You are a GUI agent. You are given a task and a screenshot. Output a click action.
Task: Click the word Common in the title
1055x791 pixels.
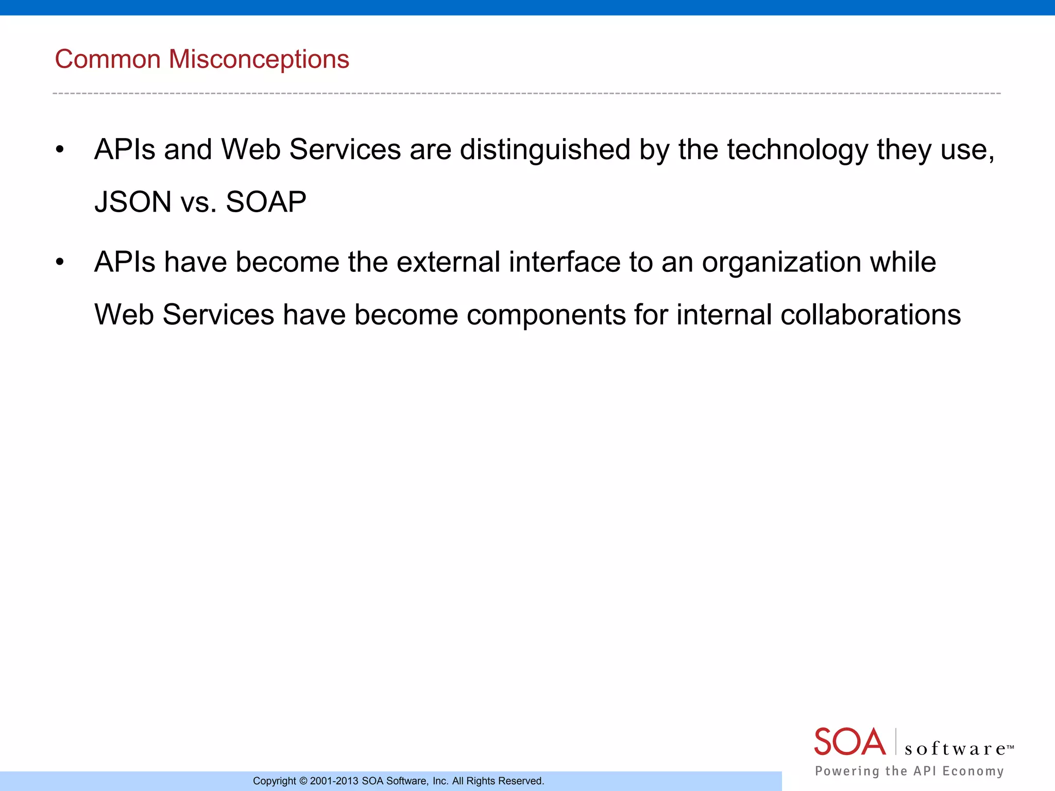coord(108,59)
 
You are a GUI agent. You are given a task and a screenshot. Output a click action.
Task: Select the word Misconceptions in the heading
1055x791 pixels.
coord(259,59)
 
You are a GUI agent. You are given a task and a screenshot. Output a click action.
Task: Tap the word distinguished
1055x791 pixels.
coord(545,150)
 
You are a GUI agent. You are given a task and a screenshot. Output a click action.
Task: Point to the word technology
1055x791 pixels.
coord(797,150)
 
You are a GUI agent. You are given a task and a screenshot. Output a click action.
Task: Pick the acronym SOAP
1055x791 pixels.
coord(266,202)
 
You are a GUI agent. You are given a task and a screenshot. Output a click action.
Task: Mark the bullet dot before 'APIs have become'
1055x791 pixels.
coord(60,263)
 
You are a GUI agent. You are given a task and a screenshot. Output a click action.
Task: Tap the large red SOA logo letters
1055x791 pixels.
coord(849,742)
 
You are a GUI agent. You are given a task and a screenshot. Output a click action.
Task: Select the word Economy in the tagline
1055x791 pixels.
coord(973,771)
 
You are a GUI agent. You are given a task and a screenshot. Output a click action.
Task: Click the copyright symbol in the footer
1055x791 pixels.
coord(303,781)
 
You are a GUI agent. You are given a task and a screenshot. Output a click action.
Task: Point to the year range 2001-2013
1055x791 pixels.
coord(334,781)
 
